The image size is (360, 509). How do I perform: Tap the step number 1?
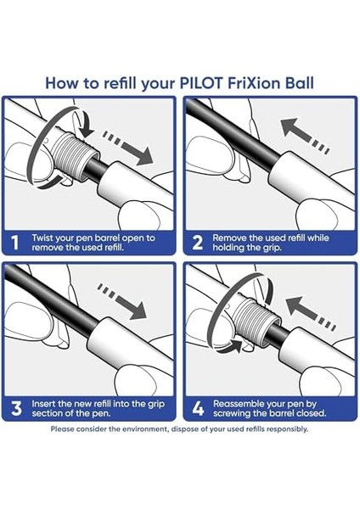click(x=15, y=243)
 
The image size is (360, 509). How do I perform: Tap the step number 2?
click(x=197, y=243)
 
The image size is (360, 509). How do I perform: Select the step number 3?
click(x=15, y=408)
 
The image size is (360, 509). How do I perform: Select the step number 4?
click(x=197, y=408)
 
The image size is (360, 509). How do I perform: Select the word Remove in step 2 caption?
click(x=231, y=238)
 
